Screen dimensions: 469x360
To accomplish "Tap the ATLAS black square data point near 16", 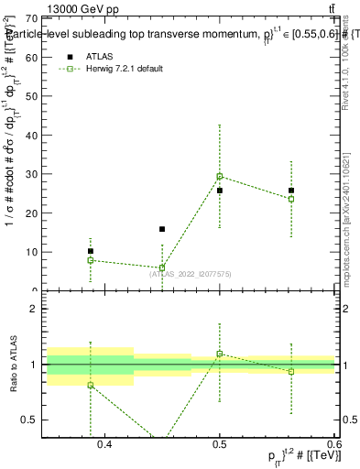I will coord(162,229).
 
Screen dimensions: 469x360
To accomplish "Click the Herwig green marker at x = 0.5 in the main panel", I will coord(220,176).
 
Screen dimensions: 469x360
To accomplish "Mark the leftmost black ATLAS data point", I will coord(91,251).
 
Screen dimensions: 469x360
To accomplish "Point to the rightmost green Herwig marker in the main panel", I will coord(291,199).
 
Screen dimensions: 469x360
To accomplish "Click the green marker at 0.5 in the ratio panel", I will coord(220,354).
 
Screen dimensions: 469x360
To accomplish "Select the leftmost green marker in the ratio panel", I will coord(91,385).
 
